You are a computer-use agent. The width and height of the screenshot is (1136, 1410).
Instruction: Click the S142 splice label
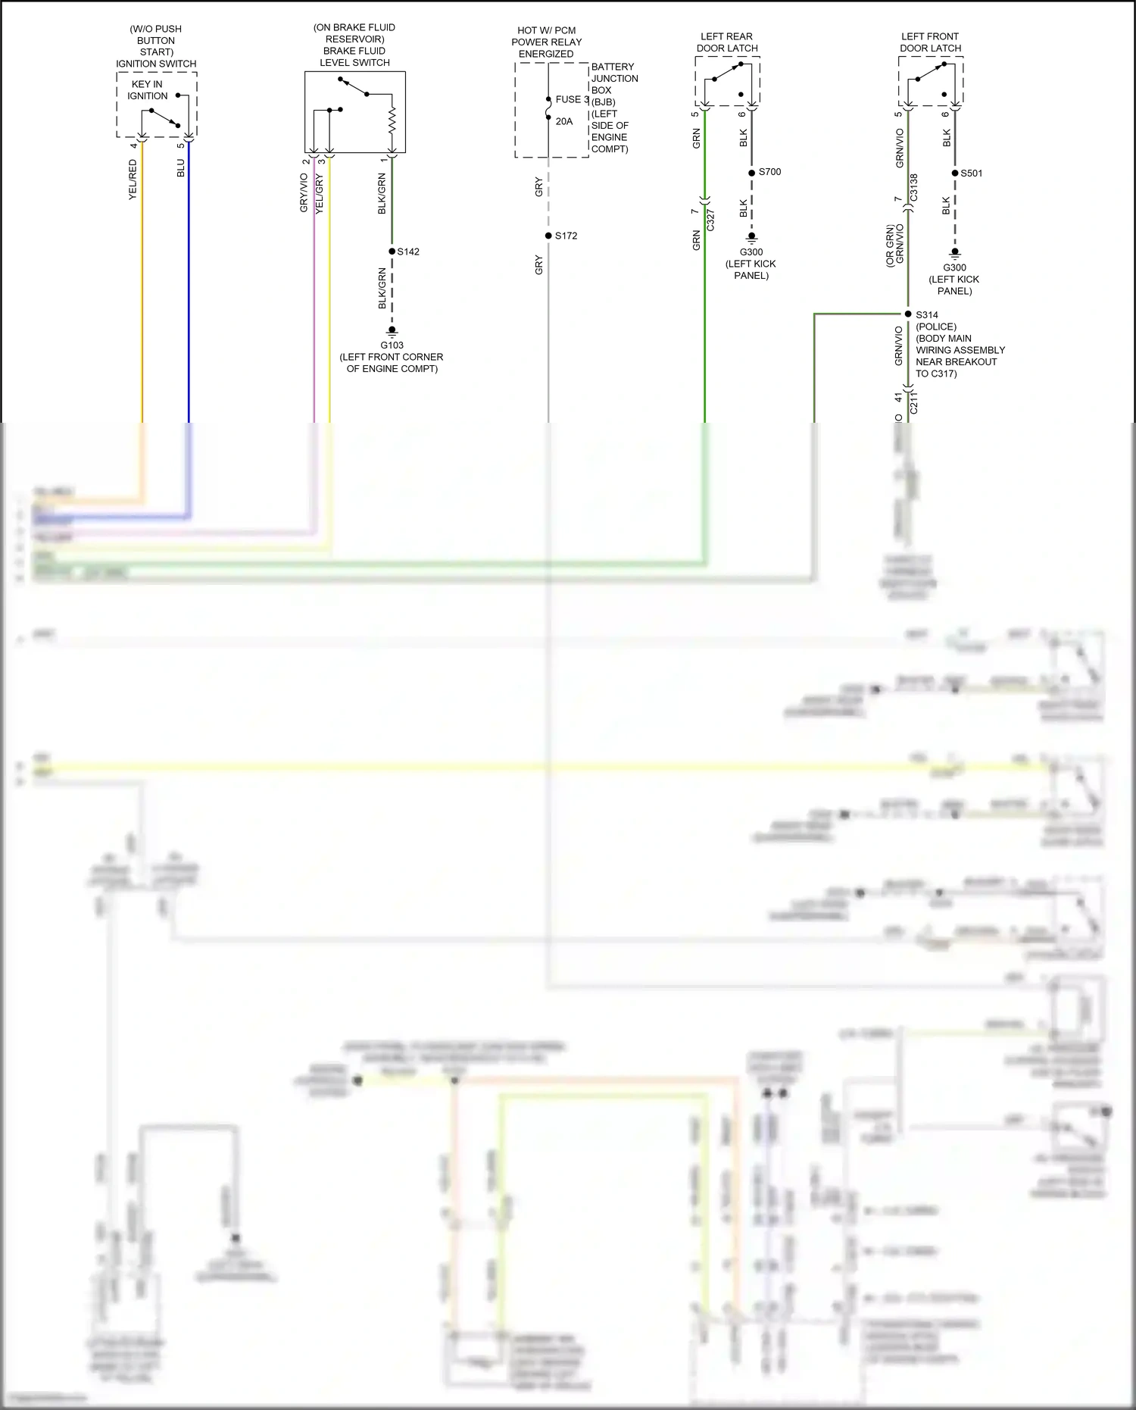click(408, 252)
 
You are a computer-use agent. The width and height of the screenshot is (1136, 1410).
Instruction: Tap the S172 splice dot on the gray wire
click(548, 236)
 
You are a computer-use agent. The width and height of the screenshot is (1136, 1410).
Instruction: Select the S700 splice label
click(769, 172)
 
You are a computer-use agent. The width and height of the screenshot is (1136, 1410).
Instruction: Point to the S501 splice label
click(971, 174)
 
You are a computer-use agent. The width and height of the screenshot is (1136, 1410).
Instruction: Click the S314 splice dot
click(908, 314)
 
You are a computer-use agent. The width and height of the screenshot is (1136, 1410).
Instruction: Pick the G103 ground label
click(392, 345)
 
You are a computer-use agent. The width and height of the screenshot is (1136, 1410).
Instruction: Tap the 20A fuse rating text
click(564, 121)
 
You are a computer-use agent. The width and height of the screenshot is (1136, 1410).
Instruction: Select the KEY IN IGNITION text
click(148, 90)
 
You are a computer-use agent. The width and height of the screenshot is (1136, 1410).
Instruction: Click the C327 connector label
click(710, 220)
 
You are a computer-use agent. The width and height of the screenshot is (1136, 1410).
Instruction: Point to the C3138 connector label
click(913, 187)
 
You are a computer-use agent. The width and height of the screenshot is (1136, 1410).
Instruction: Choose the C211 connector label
click(913, 402)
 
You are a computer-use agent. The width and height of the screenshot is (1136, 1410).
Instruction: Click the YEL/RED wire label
click(133, 180)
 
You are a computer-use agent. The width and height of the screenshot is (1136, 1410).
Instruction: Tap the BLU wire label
click(180, 168)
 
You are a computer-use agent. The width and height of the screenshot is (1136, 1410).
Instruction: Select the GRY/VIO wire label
click(304, 192)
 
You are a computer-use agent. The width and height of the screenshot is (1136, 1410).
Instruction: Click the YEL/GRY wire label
click(320, 194)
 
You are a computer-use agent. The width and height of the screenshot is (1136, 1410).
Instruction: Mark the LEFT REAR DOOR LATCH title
click(727, 42)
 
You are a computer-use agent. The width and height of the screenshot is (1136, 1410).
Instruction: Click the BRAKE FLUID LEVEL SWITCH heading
click(354, 57)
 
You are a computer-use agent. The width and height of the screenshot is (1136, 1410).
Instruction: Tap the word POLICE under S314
click(936, 327)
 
